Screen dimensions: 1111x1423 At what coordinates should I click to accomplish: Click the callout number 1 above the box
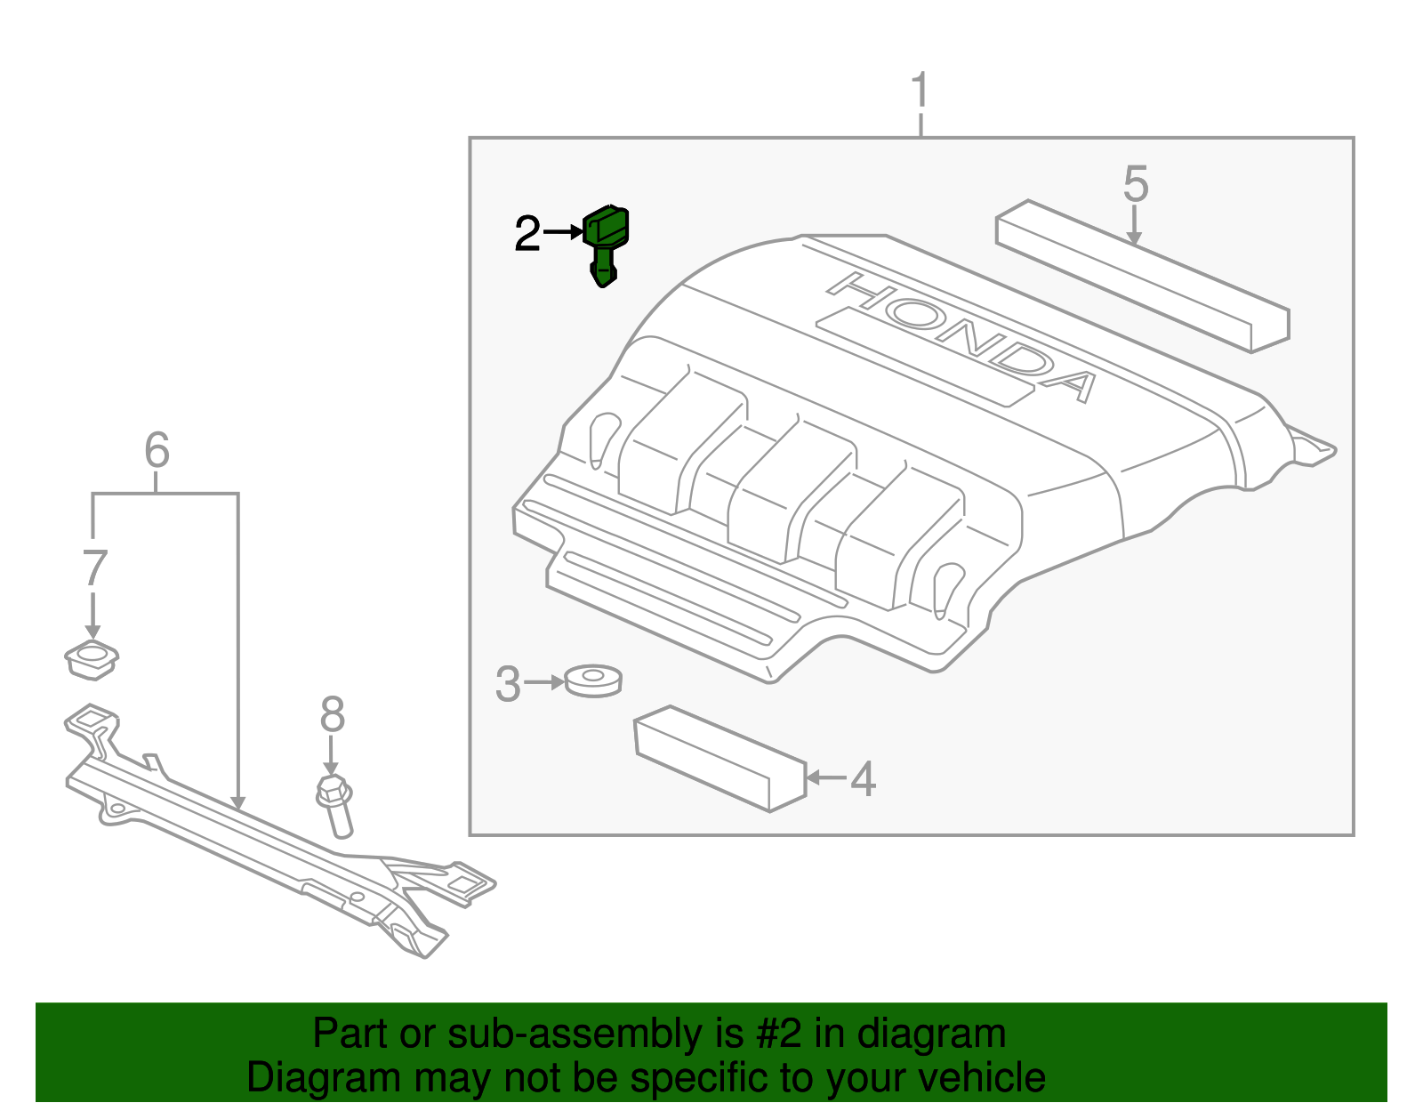pyautogui.click(x=921, y=93)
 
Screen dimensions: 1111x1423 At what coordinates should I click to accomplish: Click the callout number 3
pyautogui.click(x=508, y=684)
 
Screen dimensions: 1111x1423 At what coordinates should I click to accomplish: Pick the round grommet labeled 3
pyautogui.click(x=593, y=681)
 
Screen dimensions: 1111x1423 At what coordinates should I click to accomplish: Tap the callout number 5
pyautogui.click(x=1136, y=185)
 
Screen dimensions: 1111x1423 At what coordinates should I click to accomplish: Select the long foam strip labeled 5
pyautogui.click(x=1143, y=276)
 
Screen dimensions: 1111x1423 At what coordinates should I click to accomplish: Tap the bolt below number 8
pyautogui.click(x=335, y=804)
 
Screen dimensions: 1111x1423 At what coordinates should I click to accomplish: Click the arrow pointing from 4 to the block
pyautogui.click(x=825, y=777)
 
